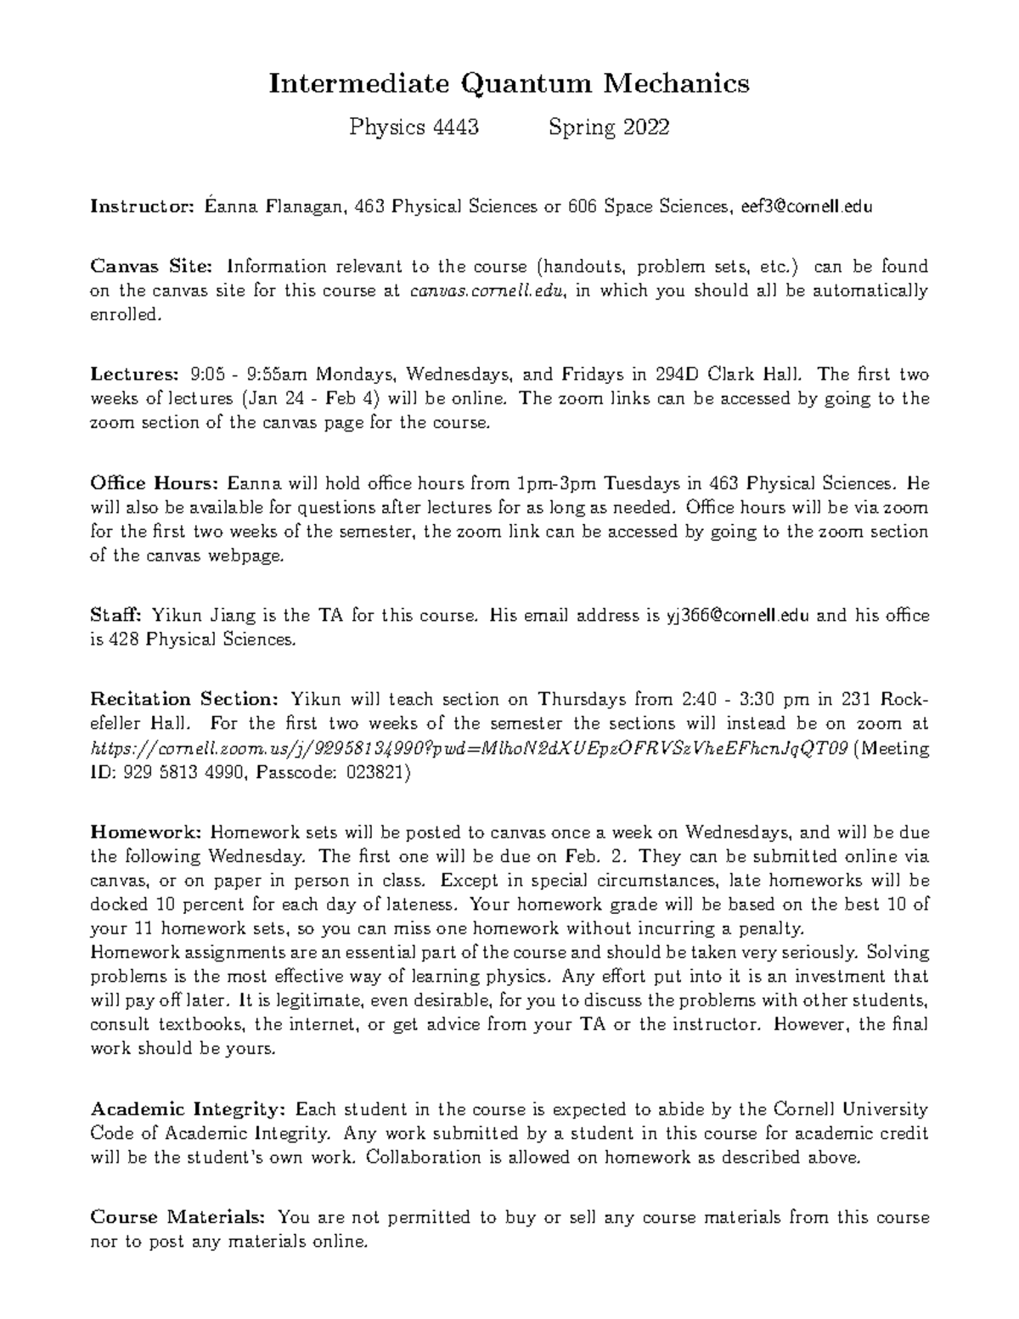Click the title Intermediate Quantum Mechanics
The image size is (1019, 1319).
tap(509, 83)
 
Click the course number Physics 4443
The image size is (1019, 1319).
tap(414, 127)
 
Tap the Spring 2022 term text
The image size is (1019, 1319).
tap(609, 127)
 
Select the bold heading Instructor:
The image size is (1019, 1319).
tap(143, 206)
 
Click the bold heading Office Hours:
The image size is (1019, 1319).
tap(155, 484)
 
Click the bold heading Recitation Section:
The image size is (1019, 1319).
tap(184, 700)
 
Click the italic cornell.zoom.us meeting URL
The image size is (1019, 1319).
tap(469, 749)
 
